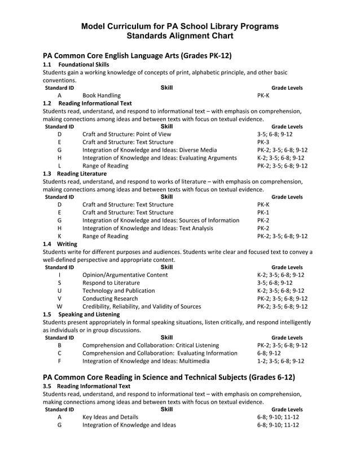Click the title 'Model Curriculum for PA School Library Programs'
[179, 27]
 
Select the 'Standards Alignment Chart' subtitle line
[179, 37]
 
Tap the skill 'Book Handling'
[101, 96]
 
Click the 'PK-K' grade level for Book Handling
[263, 96]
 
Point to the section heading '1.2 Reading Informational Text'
[87, 104]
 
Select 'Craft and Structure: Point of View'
[126, 134]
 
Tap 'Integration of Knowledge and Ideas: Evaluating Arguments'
[159, 158]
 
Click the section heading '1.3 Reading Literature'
[74, 174]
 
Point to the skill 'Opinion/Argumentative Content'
[125, 275]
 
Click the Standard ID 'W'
[59, 306]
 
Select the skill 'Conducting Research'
[110, 298]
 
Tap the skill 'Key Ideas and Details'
[110, 417]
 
